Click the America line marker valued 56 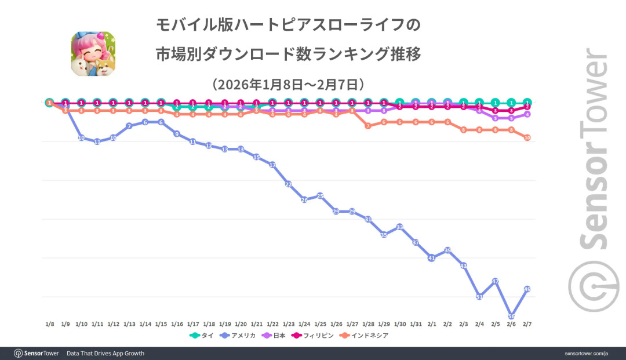(x=511, y=316)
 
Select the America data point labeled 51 (x=479, y=297)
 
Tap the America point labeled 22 (x=288, y=184)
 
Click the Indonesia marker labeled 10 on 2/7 (x=527, y=137)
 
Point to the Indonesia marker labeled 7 (x=367, y=126)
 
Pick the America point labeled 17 (x=272, y=165)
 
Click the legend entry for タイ (x=201, y=336)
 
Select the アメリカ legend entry (x=237, y=336)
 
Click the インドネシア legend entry (x=365, y=336)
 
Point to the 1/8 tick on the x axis (x=50, y=324)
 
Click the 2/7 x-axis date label (x=527, y=324)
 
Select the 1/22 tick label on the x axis (x=272, y=324)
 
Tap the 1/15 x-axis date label (x=161, y=324)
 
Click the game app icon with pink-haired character (x=93, y=54)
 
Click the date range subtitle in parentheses (x=288, y=84)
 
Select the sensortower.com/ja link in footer (x=586, y=353)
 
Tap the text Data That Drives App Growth (x=105, y=353)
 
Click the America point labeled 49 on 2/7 (x=527, y=289)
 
